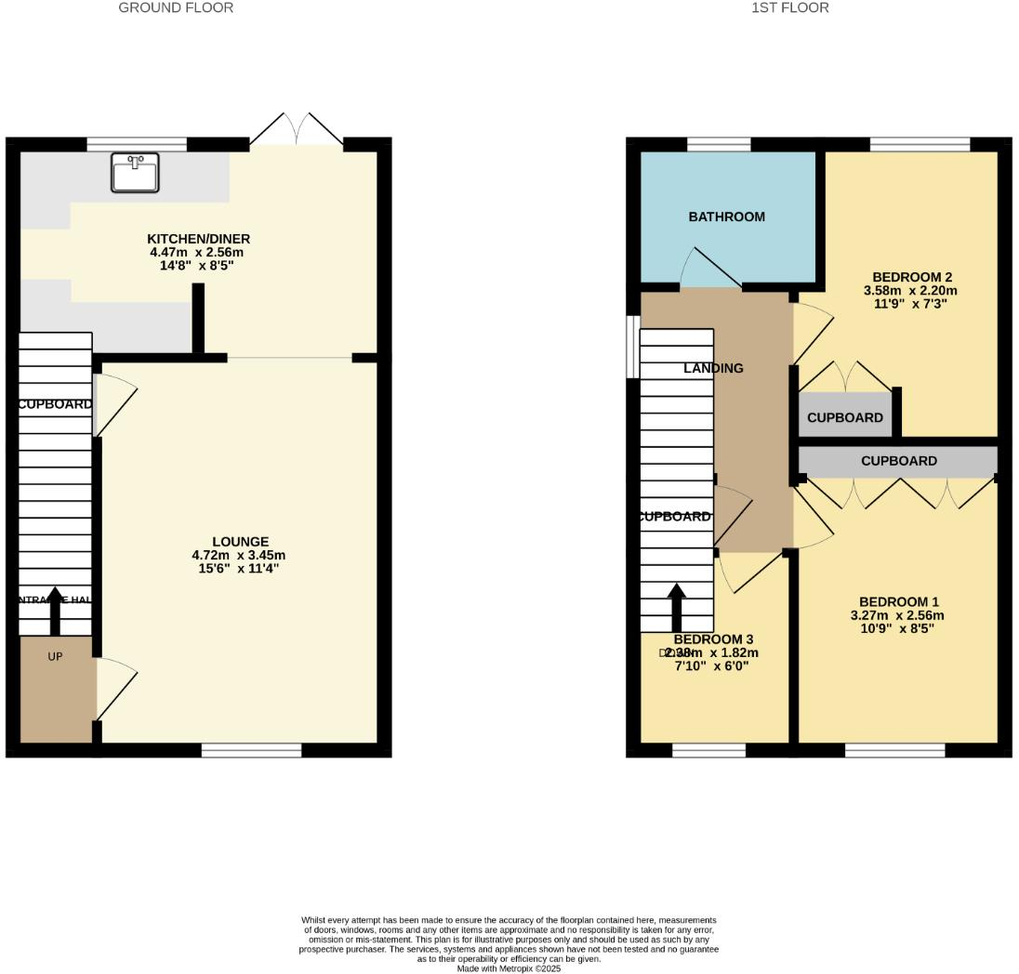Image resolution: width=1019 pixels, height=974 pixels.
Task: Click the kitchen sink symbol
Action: tap(135, 173)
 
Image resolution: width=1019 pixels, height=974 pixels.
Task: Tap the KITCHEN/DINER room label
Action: tap(199, 239)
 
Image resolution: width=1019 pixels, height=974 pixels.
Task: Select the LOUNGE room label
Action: tap(240, 542)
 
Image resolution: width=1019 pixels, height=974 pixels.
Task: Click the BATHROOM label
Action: tap(726, 217)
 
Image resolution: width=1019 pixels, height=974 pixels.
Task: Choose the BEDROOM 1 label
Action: tap(898, 601)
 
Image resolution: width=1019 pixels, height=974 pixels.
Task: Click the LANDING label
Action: tap(713, 368)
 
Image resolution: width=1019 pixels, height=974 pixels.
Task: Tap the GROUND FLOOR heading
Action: tap(176, 7)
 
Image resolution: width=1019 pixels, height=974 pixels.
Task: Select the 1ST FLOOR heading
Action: tap(789, 7)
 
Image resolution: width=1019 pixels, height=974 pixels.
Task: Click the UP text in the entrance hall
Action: tap(55, 656)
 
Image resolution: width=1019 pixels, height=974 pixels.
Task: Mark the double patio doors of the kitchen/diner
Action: tap(296, 130)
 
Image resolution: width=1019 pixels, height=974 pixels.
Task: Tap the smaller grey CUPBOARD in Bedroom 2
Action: tap(844, 417)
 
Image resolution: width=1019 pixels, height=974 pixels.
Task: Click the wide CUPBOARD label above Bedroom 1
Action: tap(898, 461)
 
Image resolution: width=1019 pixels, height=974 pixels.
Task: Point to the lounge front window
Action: tap(251, 750)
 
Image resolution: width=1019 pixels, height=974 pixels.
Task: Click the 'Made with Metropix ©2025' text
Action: tap(509, 968)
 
